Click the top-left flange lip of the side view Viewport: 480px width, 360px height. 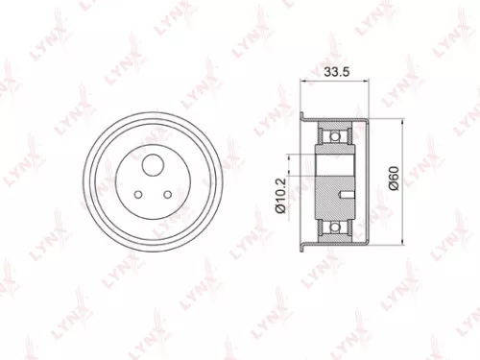(x=305, y=118)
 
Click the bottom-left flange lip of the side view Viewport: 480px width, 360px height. (x=305, y=244)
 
